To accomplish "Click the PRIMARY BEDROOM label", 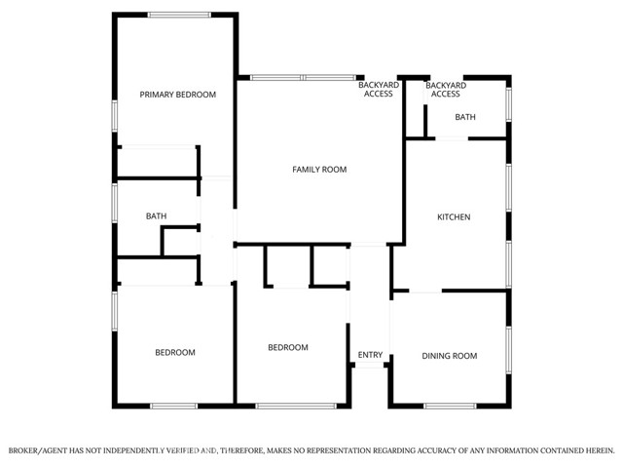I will point(177,95).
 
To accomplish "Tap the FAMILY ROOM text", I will point(319,170).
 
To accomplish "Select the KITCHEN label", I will point(454,216).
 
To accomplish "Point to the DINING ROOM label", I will point(449,356).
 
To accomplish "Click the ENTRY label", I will point(370,355).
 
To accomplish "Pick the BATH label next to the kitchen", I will point(465,117).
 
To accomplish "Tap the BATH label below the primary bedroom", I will point(156,216).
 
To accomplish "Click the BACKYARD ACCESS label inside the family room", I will point(376,90).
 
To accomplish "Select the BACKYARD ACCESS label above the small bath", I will point(445,90).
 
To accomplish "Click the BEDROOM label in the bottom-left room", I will point(175,352).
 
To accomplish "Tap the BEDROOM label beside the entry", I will point(288,347).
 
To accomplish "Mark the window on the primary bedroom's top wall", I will point(179,15).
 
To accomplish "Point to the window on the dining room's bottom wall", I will point(450,405).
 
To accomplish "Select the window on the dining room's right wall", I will point(508,351).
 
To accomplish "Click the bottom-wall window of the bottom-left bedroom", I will point(173,405).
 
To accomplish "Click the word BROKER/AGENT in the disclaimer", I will point(38,450).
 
